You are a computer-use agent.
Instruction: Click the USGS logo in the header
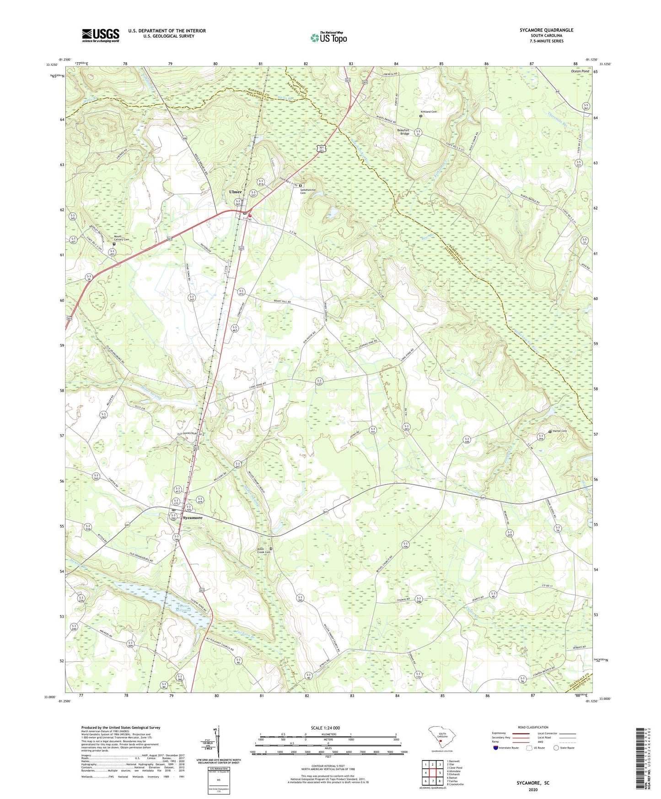point(101,35)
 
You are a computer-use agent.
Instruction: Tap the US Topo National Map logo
point(328,38)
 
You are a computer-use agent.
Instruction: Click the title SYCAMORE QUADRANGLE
point(546,30)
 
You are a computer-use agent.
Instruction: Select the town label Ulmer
point(235,192)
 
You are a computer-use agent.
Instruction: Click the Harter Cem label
point(560,431)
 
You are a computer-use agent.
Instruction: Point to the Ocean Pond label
point(580,71)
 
